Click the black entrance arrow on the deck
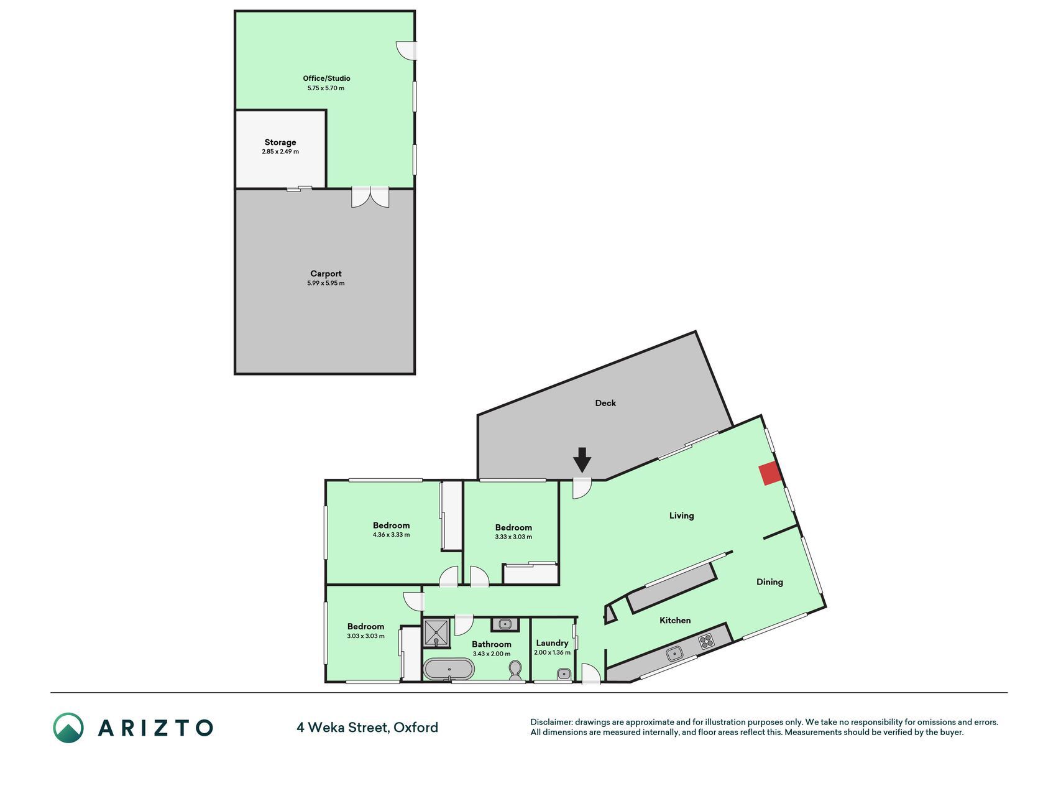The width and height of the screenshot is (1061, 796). pyautogui.click(x=582, y=460)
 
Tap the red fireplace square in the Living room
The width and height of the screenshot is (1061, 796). pyautogui.click(x=771, y=474)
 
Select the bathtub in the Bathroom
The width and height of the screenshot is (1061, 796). pyautogui.click(x=449, y=669)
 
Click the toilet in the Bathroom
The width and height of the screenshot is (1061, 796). pyautogui.click(x=515, y=670)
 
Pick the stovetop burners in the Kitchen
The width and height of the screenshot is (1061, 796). pyautogui.click(x=706, y=641)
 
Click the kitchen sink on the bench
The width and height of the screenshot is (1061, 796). pyautogui.click(x=674, y=654)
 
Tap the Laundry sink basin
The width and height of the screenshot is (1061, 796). pyautogui.click(x=563, y=673)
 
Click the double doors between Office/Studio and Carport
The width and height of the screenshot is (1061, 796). pyautogui.click(x=370, y=197)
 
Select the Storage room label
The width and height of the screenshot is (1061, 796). pyautogui.click(x=280, y=142)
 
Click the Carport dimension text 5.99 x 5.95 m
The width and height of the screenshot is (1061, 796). pyautogui.click(x=326, y=284)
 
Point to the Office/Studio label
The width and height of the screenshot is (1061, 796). pyautogui.click(x=326, y=78)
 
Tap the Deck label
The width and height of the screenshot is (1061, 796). pyautogui.click(x=605, y=403)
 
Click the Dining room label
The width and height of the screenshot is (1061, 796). pyautogui.click(x=769, y=582)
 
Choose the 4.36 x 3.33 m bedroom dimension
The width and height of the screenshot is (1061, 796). pyautogui.click(x=391, y=535)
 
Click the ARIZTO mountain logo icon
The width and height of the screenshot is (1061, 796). pyautogui.click(x=68, y=728)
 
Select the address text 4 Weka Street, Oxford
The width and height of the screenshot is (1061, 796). pyautogui.click(x=367, y=728)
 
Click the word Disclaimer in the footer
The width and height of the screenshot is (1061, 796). pyautogui.click(x=551, y=722)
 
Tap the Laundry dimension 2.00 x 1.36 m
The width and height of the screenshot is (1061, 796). pyautogui.click(x=552, y=653)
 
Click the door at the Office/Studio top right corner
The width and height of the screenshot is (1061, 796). pyautogui.click(x=407, y=50)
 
